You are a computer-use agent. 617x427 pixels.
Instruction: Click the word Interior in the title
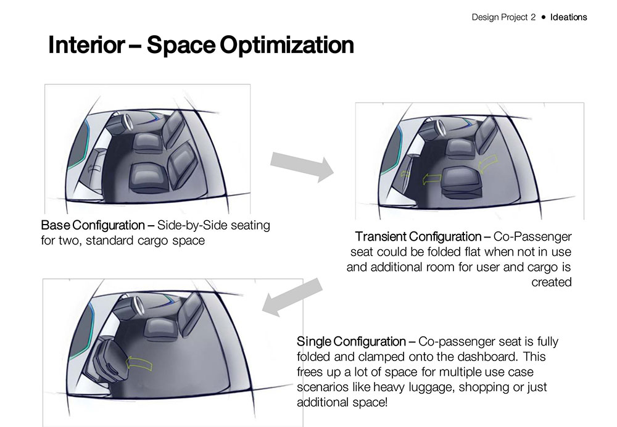(87, 45)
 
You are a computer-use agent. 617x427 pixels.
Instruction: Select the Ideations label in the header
(568, 17)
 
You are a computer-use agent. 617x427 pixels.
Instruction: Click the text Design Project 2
(503, 17)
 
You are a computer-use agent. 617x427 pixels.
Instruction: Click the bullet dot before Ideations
(543, 17)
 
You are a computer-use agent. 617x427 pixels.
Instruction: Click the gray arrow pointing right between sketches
(302, 166)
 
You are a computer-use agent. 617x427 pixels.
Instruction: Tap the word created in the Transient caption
(551, 283)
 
